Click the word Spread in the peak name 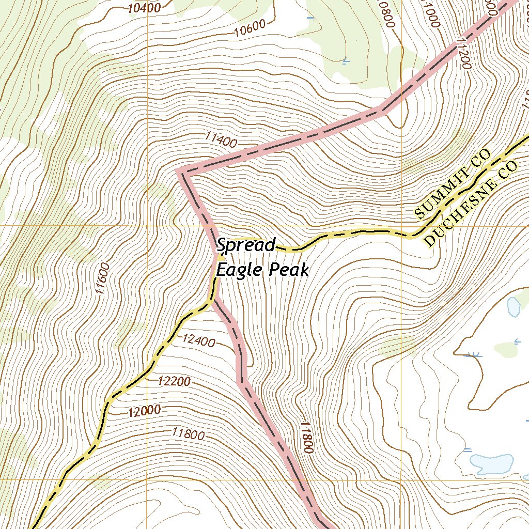pos(246,245)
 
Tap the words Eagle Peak pos(262,270)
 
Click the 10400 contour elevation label pos(144,7)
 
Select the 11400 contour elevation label pos(221,139)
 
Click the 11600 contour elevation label pos(102,279)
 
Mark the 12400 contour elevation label pos(198,340)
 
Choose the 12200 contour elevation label pos(174,381)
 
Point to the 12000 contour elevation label pos(145,411)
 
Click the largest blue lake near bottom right pos(491,463)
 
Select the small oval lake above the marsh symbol pos(514,306)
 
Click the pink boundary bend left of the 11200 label pos(381,110)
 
